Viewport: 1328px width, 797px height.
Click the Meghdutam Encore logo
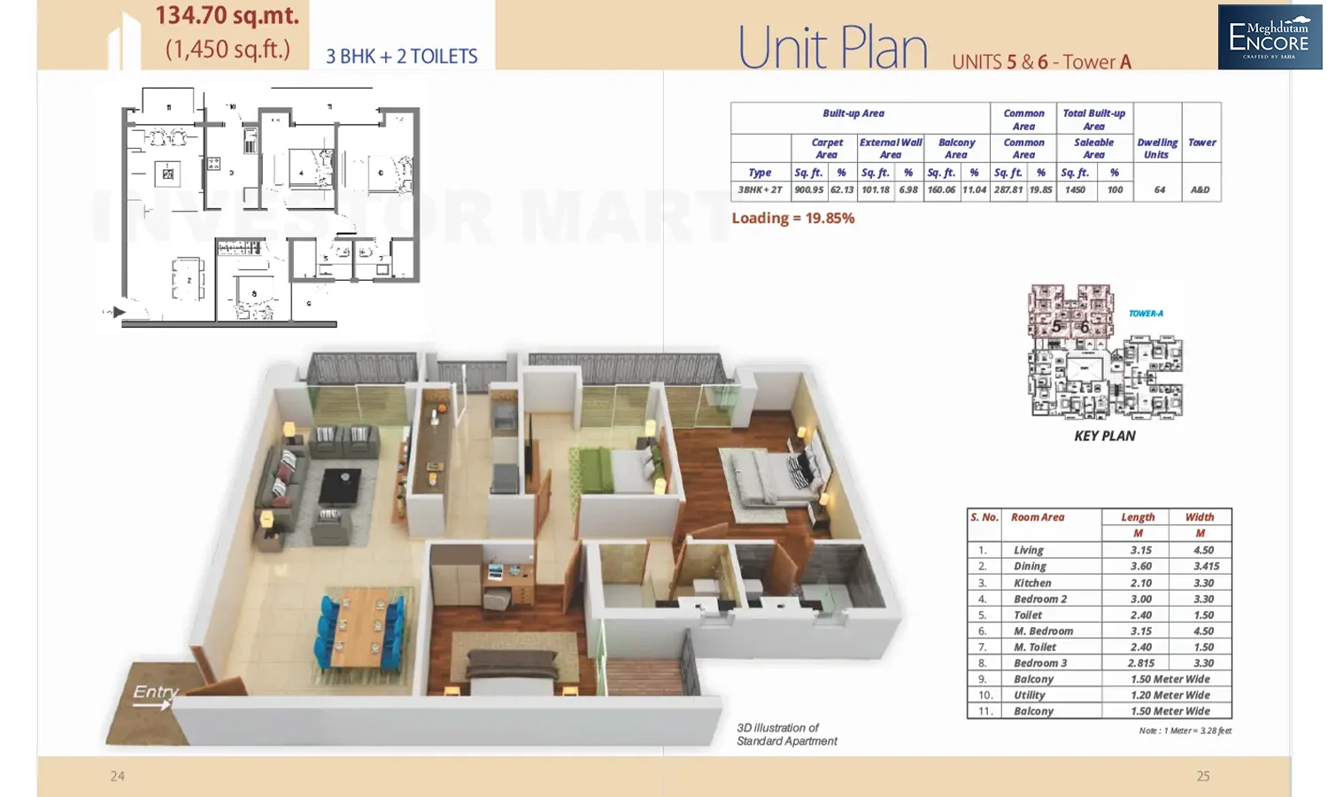point(1269,37)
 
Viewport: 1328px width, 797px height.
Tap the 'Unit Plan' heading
point(832,48)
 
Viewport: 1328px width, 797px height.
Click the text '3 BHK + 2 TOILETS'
point(401,57)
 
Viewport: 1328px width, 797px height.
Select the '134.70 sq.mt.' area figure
point(227,16)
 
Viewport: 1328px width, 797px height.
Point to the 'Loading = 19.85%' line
point(792,219)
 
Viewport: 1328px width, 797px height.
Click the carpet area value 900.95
point(808,190)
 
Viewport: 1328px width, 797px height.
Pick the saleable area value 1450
point(1075,190)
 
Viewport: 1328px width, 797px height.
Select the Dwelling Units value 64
point(1159,190)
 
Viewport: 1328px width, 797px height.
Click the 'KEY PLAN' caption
point(1104,437)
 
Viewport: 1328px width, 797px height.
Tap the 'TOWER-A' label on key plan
point(1146,313)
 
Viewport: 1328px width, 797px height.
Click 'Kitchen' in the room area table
point(1032,584)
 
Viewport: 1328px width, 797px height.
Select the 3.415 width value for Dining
point(1206,567)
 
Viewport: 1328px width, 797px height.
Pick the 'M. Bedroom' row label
point(1043,631)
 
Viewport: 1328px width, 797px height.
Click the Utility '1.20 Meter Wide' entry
point(1170,696)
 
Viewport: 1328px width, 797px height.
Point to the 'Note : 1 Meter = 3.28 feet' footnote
point(1185,731)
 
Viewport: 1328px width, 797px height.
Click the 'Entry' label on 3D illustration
point(156,693)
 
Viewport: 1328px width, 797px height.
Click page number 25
point(1202,777)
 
